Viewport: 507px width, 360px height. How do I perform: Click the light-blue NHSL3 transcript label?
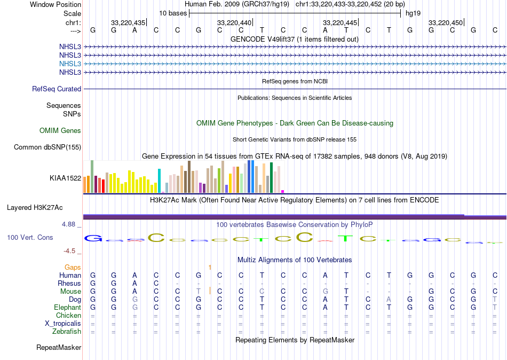70,64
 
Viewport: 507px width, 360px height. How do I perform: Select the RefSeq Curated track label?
57,89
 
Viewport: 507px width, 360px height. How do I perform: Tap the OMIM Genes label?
60,131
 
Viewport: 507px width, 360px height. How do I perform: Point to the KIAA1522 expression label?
65,178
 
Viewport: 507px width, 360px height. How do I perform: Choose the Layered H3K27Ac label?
35,207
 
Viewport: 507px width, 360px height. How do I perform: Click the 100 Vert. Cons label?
30,237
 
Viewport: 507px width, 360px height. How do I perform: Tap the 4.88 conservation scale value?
69,224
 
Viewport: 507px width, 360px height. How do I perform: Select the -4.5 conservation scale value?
70,251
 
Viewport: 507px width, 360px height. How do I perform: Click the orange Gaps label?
73,267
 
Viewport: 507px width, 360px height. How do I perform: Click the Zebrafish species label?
67,332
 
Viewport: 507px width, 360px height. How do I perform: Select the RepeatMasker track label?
59,348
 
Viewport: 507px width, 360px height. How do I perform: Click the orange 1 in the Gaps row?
210,267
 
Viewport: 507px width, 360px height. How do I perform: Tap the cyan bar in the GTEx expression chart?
159,181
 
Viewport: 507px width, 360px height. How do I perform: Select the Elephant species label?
67,308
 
